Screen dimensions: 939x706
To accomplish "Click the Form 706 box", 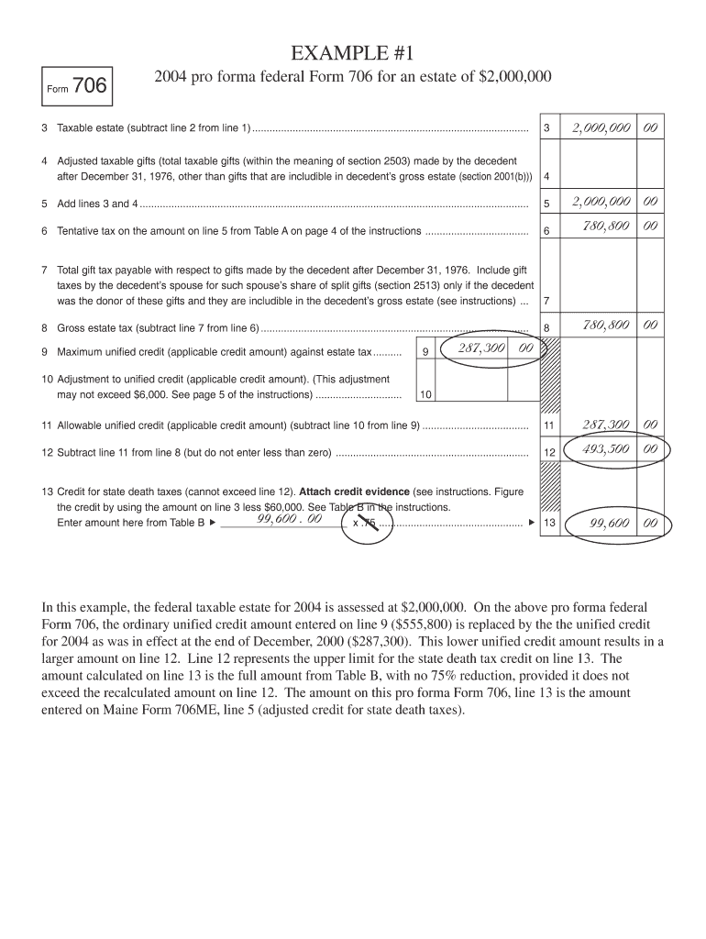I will click(x=78, y=87).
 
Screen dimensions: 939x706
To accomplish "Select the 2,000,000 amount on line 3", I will click(x=601, y=127).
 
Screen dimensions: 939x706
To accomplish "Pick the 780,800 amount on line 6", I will click(x=601, y=226).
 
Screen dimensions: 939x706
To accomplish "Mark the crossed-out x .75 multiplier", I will click(x=366, y=524).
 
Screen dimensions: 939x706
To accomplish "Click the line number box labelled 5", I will click(x=546, y=204).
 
